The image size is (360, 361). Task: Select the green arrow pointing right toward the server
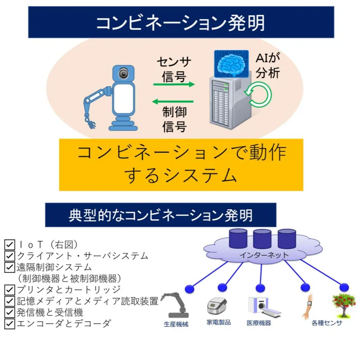(x=174, y=84)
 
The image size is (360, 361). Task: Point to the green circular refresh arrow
(x=260, y=94)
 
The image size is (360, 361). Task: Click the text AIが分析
(x=268, y=67)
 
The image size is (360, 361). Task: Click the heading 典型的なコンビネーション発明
(x=161, y=215)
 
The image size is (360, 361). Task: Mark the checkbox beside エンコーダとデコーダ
(x=9, y=323)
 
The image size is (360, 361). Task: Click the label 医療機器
(x=259, y=322)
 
